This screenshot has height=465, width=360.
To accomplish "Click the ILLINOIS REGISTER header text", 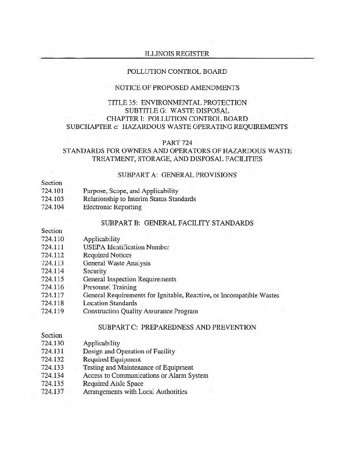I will (177, 53).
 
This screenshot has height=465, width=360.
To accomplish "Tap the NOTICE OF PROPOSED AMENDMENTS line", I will (177, 88).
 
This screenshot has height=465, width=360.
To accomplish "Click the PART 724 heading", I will (177, 142).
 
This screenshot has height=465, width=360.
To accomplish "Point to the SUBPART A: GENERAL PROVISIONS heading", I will (177, 174).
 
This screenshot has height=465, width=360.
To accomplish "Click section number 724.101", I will (52, 191).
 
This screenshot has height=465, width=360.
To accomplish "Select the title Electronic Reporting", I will (112, 207).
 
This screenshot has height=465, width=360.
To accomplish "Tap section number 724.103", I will (52, 199).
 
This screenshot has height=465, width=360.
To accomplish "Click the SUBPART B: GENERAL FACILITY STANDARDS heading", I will (177, 223).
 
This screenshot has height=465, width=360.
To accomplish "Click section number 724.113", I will (52, 263).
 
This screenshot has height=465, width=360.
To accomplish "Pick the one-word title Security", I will (95, 271).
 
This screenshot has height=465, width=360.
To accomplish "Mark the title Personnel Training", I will (110, 287).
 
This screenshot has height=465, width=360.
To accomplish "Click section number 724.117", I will (52, 295).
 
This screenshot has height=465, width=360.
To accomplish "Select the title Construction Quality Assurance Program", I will (141, 312).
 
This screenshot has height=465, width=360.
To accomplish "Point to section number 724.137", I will (52, 392).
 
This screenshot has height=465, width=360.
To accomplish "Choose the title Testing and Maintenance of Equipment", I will (138, 368).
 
